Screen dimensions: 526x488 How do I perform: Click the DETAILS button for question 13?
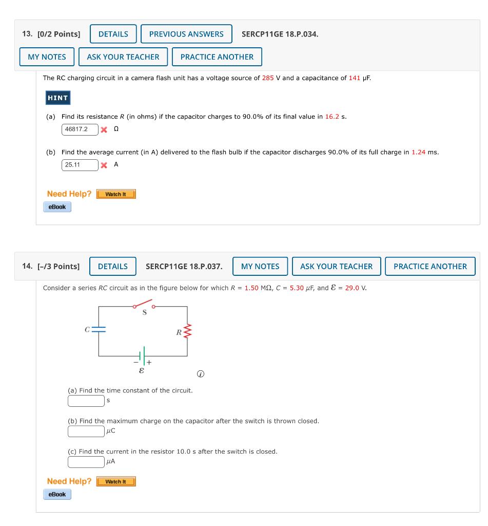pyautogui.click(x=113, y=34)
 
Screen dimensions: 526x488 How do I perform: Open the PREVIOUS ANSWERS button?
pyautogui.click(x=186, y=34)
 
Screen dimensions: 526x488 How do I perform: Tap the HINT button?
pyautogui.click(x=57, y=98)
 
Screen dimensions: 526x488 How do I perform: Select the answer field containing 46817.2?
pyautogui.click(x=80, y=129)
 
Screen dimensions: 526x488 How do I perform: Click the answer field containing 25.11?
pyautogui.click(x=80, y=165)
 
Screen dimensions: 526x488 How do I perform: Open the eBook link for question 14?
pyautogui.click(x=57, y=494)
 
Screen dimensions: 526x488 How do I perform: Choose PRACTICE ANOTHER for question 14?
pyautogui.click(x=430, y=267)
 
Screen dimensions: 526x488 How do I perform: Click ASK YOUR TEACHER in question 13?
pyautogui.click(x=123, y=57)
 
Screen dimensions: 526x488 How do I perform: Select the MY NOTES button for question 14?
pyautogui.click(x=260, y=267)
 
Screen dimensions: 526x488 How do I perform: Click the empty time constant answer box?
pyautogui.click(x=86, y=400)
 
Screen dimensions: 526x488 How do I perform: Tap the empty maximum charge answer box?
pyautogui.click(x=86, y=431)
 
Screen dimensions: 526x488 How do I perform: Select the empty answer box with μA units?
pyautogui.click(x=86, y=461)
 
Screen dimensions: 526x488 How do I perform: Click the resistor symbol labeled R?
pyautogui.click(x=187, y=331)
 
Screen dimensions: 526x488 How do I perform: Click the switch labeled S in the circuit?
pyautogui.click(x=144, y=305)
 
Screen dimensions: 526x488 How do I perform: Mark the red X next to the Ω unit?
pyautogui.click(x=104, y=129)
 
